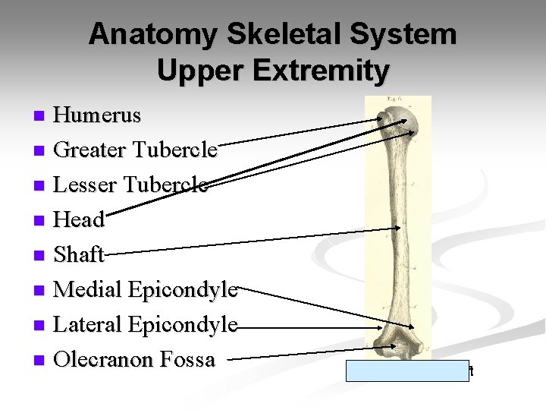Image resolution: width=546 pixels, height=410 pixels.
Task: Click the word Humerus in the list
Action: (98, 115)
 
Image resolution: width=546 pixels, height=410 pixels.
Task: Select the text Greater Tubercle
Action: (136, 150)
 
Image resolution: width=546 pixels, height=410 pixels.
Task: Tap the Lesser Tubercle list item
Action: (132, 185)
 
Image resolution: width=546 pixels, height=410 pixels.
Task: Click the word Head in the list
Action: (80, 220)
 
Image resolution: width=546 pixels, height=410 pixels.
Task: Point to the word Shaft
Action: (80, 254)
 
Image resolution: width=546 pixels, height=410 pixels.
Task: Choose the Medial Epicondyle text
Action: (146, 289)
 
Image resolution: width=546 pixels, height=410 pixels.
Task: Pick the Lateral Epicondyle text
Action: (146, 324)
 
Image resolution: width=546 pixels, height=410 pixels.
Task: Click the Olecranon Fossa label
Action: (135, 359)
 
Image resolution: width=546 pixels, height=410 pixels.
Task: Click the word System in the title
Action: (410, 34)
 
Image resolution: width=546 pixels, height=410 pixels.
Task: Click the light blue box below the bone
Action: (408, 371)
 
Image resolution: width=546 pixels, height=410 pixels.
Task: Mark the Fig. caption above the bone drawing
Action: (394, 100)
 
